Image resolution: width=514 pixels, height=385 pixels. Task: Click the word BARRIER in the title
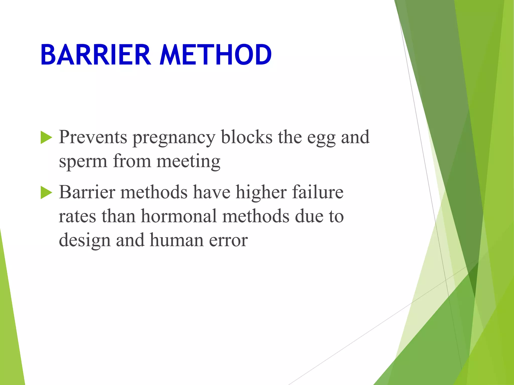pos(96,55)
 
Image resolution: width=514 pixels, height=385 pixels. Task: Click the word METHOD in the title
pos(215,55)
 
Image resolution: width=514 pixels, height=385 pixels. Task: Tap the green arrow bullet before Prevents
pos(46,138)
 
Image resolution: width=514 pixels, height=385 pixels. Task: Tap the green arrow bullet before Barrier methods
pos(46,193)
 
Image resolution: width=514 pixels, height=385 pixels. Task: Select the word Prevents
pos(93,137)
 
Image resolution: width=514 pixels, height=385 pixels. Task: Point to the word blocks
pos(246,137)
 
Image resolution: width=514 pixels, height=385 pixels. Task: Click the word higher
pos(261,192)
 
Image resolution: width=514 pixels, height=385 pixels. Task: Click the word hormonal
pos(179,216)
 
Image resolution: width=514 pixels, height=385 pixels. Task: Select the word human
pos(176,240)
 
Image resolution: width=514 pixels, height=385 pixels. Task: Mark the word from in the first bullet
pos(132,161)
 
